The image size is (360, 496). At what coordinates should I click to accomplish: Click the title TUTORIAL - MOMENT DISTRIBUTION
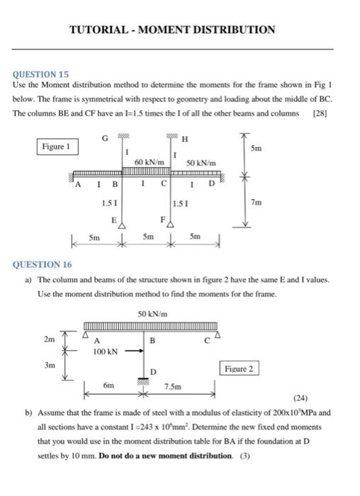(x=172, y=30)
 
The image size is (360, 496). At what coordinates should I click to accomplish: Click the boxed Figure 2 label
(x=239, y=368)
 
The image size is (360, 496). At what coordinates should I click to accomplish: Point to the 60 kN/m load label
(x=150, y=164)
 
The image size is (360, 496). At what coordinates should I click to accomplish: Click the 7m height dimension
(x=256, y=203)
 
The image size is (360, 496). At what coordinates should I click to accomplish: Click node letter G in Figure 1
(x=105, y=137)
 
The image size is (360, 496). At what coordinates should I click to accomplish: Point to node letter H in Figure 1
(x=185, y=137)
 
